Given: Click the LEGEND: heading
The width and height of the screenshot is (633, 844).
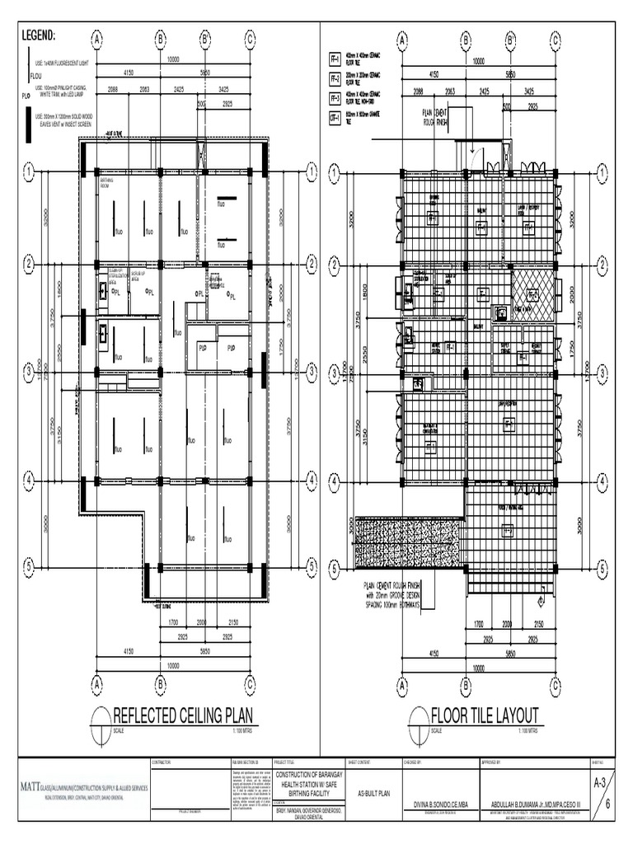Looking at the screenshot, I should click(x=38, y=37).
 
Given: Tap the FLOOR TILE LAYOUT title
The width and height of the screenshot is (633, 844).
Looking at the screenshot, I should click(x=485, y=714).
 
